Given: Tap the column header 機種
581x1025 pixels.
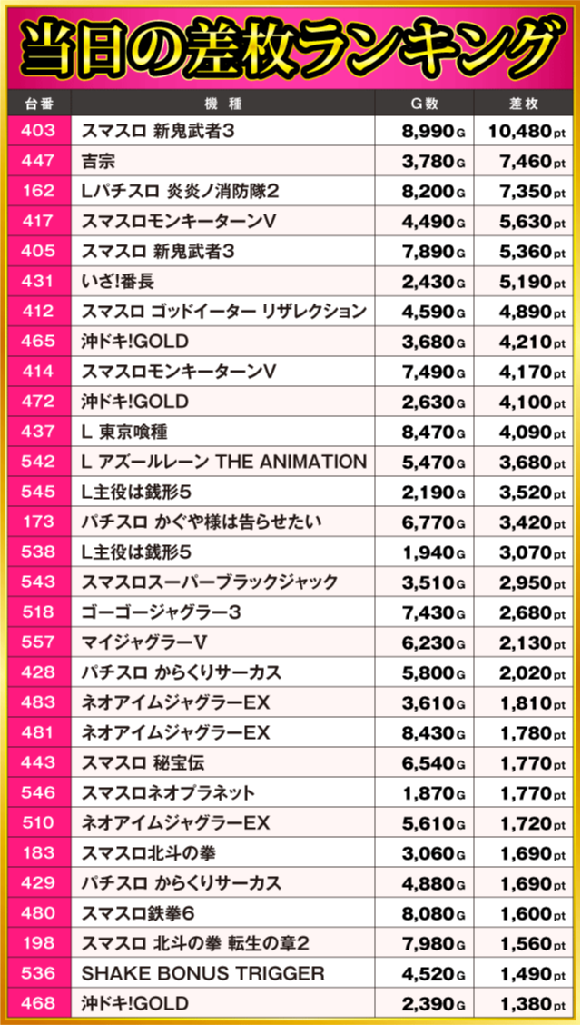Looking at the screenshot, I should (x=222, y=103).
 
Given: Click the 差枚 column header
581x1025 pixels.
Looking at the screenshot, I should (x=526, y=103).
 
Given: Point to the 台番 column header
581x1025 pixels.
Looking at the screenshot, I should (x=37, y=103).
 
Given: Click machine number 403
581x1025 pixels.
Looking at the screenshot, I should (x=37, y=132).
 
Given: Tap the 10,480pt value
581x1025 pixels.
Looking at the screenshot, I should (x=526, y=132).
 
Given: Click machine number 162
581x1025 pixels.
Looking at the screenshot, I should (x=37, y=192).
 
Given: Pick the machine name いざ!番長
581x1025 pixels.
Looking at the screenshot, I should (x=118, y=282).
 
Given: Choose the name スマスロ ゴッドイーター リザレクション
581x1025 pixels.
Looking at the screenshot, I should (x=223, y=312).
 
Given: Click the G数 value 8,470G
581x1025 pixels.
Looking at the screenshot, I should (x=433, y=432).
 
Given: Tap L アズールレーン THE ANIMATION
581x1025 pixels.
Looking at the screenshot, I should (x=223, y=462).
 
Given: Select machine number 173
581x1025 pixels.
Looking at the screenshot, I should (x=37, y=522).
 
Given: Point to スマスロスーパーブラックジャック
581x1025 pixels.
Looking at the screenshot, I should (x=210, y=582).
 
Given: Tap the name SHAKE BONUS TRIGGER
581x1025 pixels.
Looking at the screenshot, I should (x=202, y=972).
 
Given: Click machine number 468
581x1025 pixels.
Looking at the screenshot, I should (x=37, y=1002).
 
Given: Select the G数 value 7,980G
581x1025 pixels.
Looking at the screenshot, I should (x=433, y=942).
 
